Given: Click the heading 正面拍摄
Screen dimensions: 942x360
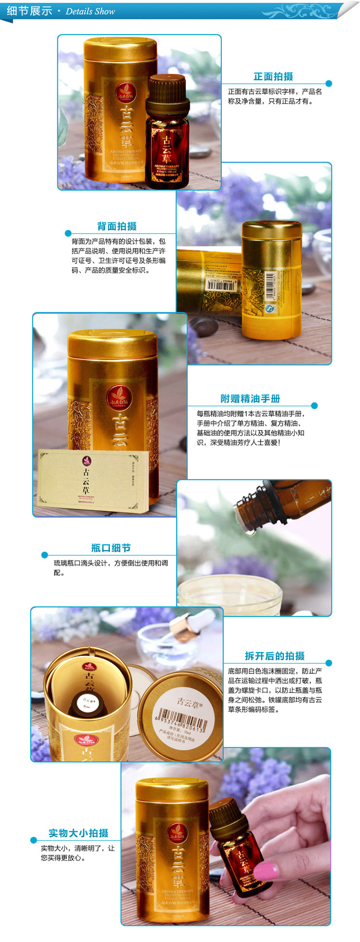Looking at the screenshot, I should (273, 77).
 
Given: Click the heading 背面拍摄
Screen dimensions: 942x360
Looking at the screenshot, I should (117, 226).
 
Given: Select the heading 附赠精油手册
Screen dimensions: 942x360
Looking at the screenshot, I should (250, 399).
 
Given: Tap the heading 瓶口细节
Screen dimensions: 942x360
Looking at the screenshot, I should (111, 548).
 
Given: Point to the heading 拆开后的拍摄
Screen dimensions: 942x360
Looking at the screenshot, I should (274, 656).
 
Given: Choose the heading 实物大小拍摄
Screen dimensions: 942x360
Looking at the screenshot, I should (78, 833).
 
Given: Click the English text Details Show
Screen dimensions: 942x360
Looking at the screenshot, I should (90, 11).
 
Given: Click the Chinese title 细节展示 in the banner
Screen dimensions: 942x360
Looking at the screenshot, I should (30, 11).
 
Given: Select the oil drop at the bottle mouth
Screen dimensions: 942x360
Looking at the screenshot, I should (250, 532).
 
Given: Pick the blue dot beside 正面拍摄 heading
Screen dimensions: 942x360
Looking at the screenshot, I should (329, 84).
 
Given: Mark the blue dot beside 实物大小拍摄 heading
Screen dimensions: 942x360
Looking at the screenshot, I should (34, 840).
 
